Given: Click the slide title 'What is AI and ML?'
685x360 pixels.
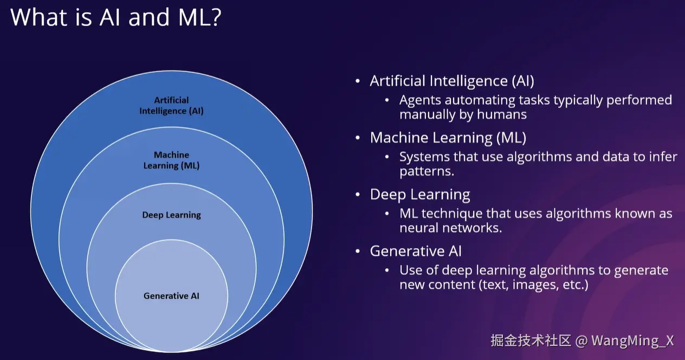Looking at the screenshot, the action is (x=115, y=18).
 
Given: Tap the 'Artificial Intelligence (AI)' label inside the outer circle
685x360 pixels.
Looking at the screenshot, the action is (x=171, y=106).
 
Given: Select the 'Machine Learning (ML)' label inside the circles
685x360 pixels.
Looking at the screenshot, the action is (x=171, y=160).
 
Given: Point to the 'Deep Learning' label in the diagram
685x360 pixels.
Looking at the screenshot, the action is (x=171, y=215).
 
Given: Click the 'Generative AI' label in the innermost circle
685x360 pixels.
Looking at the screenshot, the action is (x=171, y=296).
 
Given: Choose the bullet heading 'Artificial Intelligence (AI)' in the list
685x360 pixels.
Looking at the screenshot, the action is (x=452, y=81).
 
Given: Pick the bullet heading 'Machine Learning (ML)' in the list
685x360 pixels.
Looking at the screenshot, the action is (x=448, y=138).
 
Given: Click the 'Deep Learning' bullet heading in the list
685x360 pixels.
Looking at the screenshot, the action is (x=420, y=195).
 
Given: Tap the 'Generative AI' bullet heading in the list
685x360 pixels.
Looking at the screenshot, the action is (x=416, y=252).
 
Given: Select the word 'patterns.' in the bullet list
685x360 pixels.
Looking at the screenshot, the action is (x=426, y=171).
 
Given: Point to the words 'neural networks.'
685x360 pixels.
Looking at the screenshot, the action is (x=451, y=228).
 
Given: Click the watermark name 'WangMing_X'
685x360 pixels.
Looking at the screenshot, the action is (x=632, y=341).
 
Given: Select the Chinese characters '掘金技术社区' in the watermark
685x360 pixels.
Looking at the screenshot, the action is (x=531, y=341).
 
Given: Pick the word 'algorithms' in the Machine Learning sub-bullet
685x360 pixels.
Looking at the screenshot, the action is (x=538, y=157).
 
